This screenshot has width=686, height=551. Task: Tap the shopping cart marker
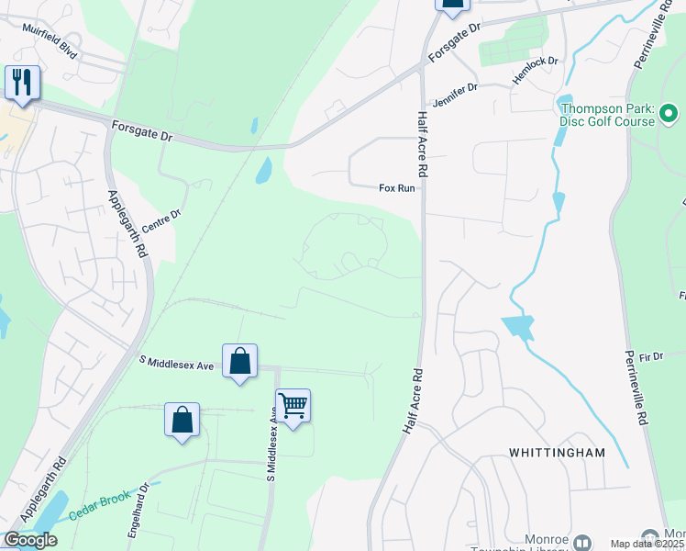[293, 405]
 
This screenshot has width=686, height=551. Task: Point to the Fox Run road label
[397, 188]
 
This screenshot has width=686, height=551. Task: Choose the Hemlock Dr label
[536, 71]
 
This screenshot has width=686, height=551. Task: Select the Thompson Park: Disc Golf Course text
[608, 115]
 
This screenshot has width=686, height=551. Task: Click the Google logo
[30, 540]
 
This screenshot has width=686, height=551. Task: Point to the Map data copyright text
[647, 544]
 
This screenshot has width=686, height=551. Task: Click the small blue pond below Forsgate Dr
[263, 170]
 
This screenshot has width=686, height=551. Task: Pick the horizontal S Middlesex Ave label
[176, 365]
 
